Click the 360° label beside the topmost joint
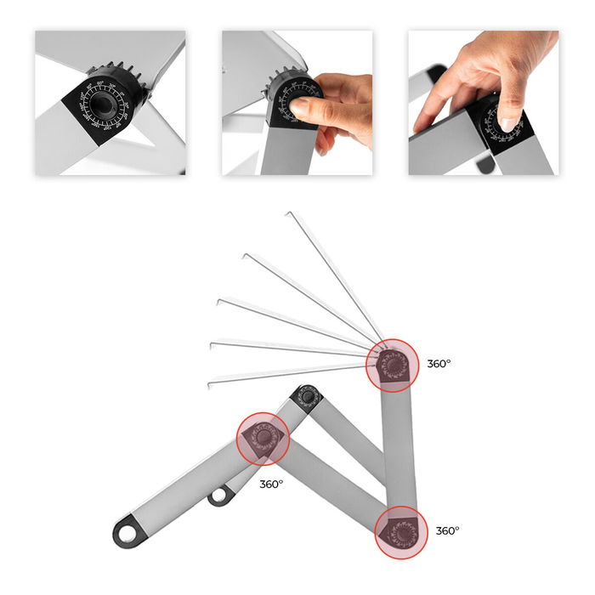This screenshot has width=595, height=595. (439, 364)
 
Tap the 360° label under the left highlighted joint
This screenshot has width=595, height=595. (271, 484)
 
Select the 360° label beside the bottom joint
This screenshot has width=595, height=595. (447, 530)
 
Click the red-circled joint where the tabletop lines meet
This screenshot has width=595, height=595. (393, 365)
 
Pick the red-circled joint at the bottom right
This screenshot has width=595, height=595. (399, 532)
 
